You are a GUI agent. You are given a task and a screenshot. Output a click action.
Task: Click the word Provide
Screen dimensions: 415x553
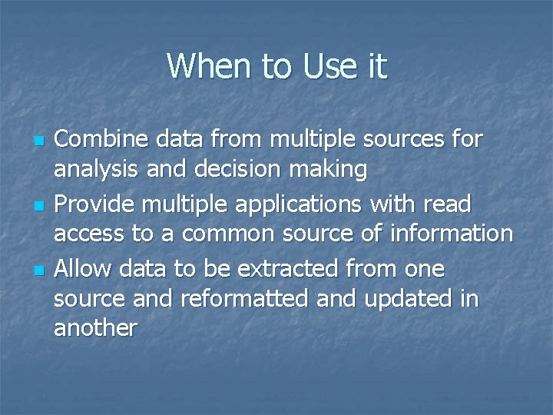tap(95, 204)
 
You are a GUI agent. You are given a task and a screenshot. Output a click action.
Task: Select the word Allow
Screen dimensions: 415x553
tap(81, 269)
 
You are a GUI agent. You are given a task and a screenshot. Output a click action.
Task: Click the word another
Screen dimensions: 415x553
tap(95, 328)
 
